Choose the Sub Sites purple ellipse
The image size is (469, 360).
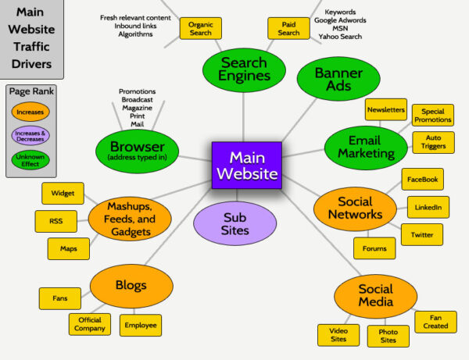[x=235, y=223]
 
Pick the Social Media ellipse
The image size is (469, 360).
[x=374, y=296]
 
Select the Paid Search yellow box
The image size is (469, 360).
[x=288, y=29]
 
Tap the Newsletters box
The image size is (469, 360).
[x=385, y=110]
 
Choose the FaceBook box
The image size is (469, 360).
[x=423, y=179]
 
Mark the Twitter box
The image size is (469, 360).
[x=421, y=234]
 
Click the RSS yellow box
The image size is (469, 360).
[x=56, y=221]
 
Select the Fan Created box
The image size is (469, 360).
[x=435, y=322]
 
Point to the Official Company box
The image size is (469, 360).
[x=90, y=323]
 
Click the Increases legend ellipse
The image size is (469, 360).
[x=30, y=112]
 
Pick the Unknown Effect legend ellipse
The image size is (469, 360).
[x=30, y=162]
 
